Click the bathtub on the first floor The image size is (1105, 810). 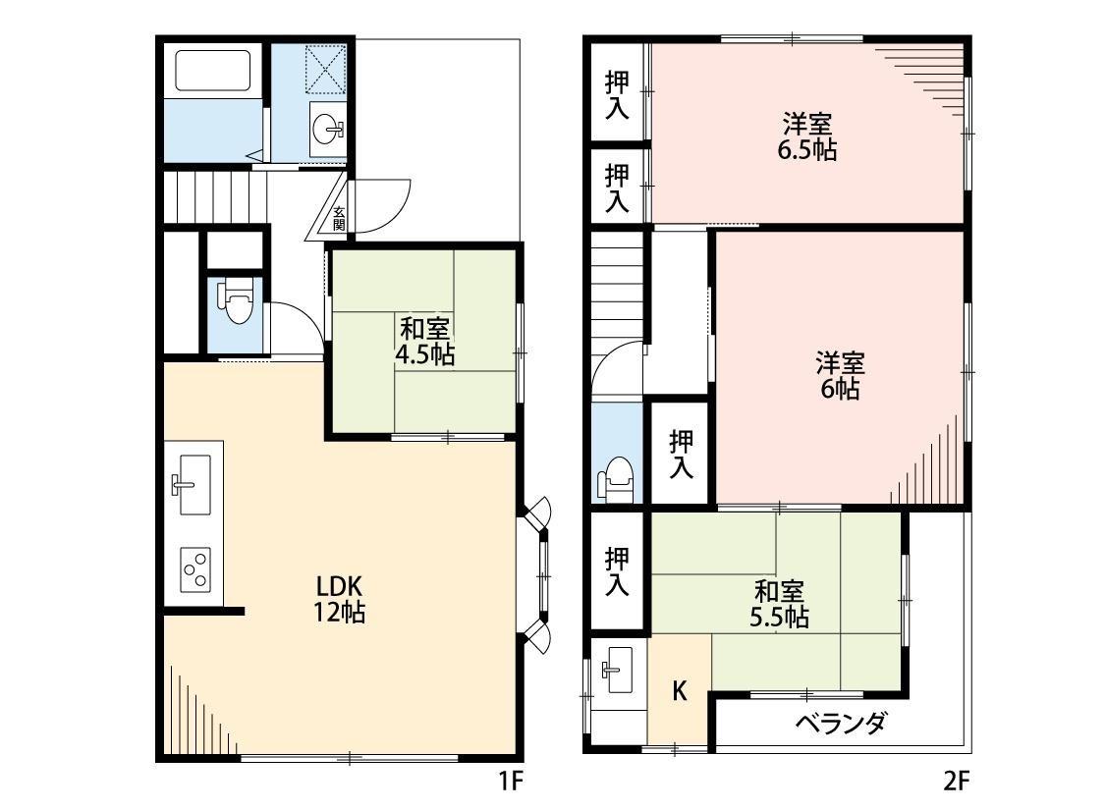[213, 70]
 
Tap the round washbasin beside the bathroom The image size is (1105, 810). [328, 130]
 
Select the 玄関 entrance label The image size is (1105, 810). [339, 218]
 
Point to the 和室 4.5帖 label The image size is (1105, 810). [424, 342]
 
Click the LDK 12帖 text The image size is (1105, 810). [339, 599]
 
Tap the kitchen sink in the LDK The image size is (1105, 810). [191, 484]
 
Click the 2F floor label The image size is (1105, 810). [957, 782]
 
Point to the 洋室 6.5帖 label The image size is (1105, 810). [807, 136]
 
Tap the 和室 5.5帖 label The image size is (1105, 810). [779, 604]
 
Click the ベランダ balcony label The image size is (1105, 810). [841, 723]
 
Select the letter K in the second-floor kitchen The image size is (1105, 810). [679, 691]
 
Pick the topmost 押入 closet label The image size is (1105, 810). [618, 95]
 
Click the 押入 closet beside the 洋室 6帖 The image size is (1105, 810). [681, 455]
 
